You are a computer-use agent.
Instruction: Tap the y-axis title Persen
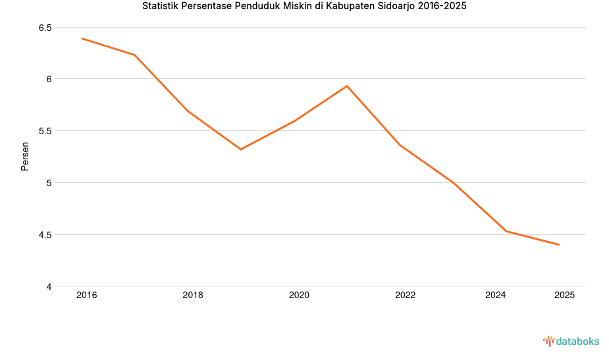tap(25, 156)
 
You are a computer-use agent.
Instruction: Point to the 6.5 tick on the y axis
tap(45, 28)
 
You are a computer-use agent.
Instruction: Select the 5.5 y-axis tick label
tap(45, 131)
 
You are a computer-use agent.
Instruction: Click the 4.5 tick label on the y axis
tap(45, 235)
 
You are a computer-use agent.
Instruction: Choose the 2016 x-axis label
tap(86, 296)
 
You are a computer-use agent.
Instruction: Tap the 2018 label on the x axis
tap(193, 296)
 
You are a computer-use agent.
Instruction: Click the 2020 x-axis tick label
tap(299, 296)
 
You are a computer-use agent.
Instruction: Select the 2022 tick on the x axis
tap(405, 296)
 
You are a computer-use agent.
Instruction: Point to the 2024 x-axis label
tap(495, 296)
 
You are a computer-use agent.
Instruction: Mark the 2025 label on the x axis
tap(564, 296)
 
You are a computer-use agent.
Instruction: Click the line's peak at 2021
tap(347, 86)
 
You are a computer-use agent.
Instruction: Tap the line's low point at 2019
tap(241, 149)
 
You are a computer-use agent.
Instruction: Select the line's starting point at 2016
tap(82, 38)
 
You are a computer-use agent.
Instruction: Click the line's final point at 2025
tap(559, 245)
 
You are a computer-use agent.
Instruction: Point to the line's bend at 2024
tap(506, 231)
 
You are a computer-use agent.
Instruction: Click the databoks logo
tap(571, 341)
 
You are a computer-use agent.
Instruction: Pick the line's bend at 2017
tap(135, 55)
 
